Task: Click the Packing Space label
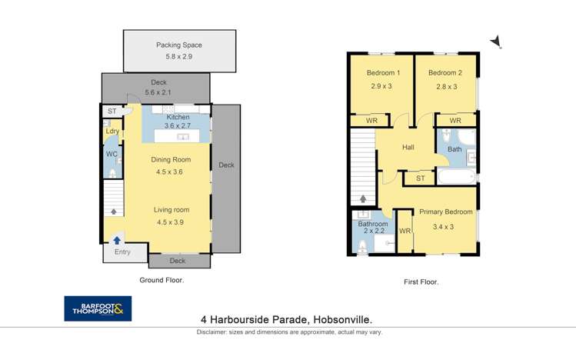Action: click(178, 45)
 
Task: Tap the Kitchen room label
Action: click(177, 117)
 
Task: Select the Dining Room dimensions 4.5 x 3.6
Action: click(169, 172)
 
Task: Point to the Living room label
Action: click(171, 210)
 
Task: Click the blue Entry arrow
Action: click(117, 240)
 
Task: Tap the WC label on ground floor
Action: click(112, 154)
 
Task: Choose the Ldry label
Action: click(112, 132)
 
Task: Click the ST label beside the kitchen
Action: click(112, 112)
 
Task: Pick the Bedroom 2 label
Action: click(444, 73)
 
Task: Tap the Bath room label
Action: click(454, 149)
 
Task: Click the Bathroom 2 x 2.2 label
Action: click(372, 225)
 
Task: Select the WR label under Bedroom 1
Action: click(371, 121)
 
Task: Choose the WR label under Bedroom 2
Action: click(454, 121)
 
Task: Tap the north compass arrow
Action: click(496, 41)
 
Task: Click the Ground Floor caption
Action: click(161, 280)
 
